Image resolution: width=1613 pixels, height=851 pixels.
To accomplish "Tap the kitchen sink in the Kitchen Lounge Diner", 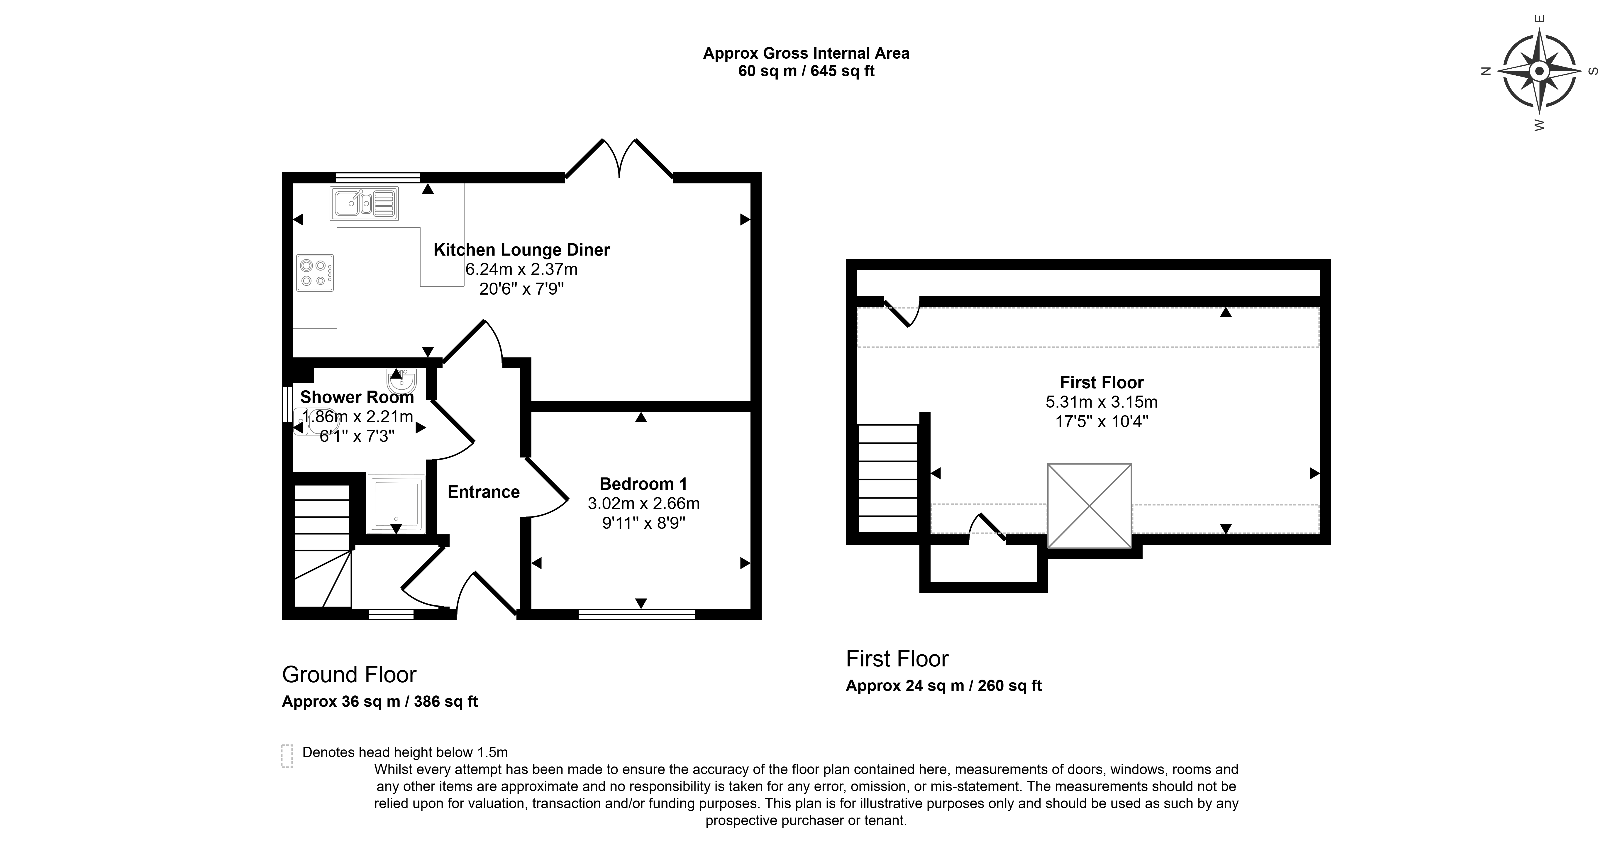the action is (365, 204).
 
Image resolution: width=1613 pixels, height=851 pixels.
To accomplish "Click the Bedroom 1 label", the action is (643, 484).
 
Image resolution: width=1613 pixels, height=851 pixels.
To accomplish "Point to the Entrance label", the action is (483, 492).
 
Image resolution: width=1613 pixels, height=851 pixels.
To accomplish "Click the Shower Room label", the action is (357, 397).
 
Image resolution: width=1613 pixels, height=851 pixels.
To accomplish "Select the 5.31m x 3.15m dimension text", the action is (1102, 402).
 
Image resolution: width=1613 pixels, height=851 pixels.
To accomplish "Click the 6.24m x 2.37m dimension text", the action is (522, 269).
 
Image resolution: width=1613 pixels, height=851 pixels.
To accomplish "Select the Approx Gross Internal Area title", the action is (806, 53).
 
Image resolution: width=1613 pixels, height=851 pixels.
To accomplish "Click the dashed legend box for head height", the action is (287, 756).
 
